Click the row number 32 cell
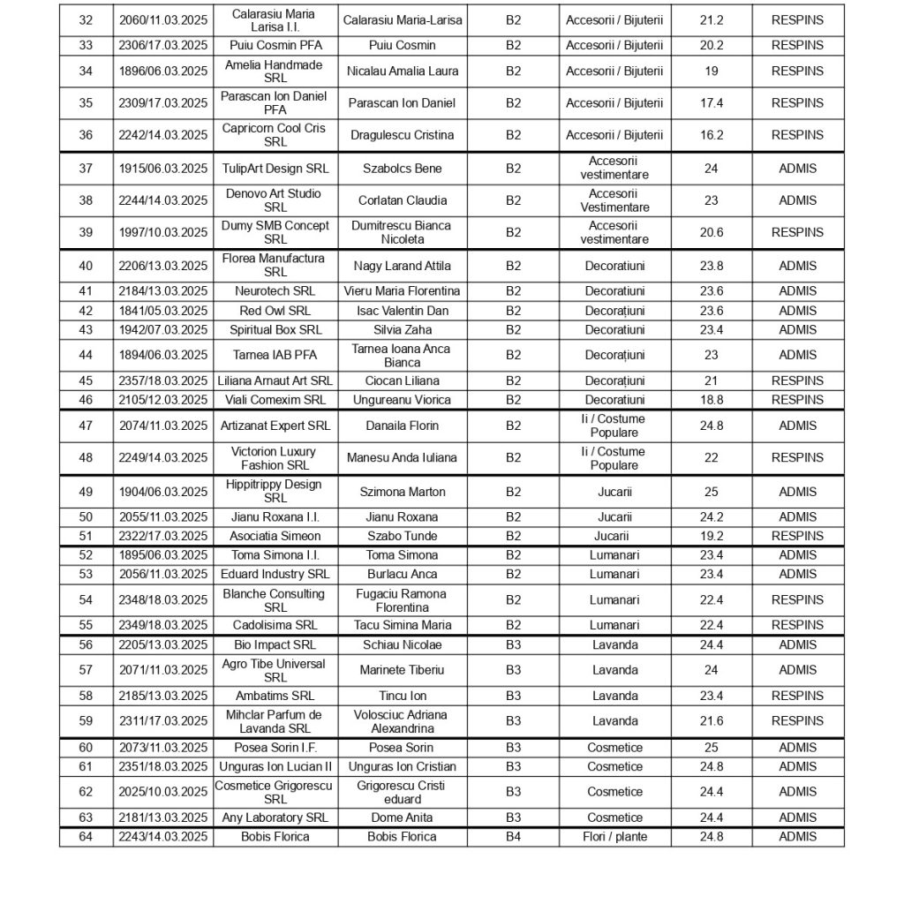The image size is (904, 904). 86,20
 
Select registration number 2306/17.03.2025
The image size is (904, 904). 163,46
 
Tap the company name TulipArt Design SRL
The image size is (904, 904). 275,169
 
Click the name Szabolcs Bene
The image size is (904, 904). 402,169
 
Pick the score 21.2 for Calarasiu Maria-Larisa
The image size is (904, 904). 711,20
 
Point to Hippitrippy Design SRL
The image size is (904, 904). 275,492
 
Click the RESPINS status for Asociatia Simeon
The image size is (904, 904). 797,536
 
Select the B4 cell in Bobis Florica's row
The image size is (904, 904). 513,837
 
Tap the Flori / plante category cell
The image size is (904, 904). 614,837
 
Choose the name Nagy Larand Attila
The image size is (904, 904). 402,266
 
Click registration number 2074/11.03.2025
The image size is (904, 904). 163,426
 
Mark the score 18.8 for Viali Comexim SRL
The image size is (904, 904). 711,400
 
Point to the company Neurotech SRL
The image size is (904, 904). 275,291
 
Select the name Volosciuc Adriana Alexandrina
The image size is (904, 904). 402,721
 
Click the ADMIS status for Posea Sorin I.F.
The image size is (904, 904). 797,748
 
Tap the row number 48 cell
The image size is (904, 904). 86,458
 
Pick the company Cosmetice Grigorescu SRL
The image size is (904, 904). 275,792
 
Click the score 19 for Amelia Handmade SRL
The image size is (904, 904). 711,72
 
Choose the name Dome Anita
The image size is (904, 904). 402,817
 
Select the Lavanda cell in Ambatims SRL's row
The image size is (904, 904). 614,696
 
